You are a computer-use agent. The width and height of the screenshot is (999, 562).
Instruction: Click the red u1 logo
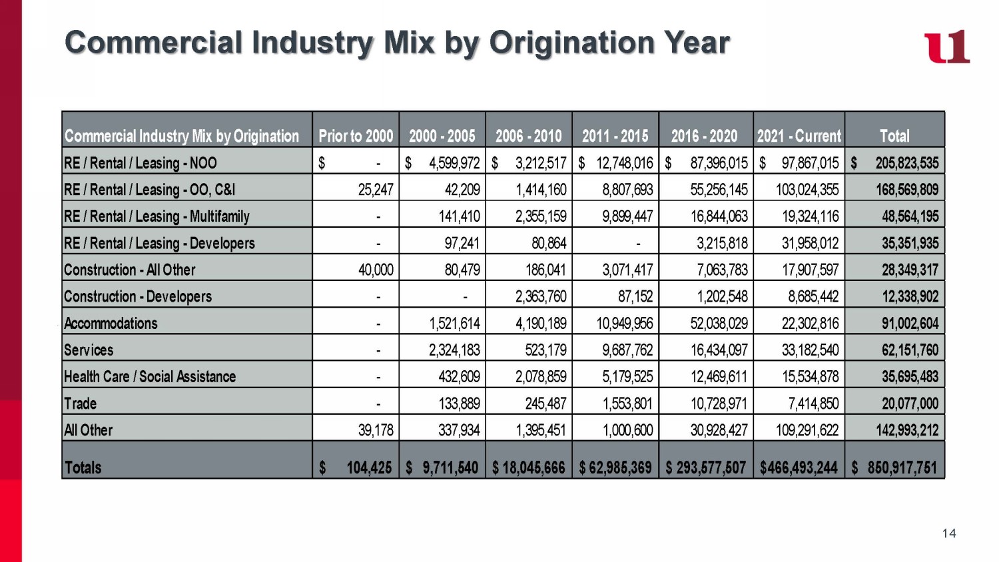[946, 47]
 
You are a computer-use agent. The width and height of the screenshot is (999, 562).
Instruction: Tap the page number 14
[949, 533]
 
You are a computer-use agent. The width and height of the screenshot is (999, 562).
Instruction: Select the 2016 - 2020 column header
[704, 136]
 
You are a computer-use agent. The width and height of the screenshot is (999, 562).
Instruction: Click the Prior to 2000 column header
[356, 136]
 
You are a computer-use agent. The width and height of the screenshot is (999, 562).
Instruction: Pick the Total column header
[894, 136]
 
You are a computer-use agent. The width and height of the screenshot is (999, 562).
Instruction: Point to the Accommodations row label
[111, 324]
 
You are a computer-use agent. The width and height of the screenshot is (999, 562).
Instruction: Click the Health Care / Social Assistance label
[150, 377]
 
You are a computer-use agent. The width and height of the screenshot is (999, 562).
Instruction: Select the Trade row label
[80, 404]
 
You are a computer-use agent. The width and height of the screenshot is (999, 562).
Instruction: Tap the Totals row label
[83, 467]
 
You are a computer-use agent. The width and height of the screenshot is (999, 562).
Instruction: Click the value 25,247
[376, 190]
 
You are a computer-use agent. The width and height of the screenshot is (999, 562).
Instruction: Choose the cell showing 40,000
[376, 270]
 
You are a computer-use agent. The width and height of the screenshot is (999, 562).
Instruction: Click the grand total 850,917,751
[901, 467]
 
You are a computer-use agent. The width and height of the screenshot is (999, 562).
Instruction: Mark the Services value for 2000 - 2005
[454, 350]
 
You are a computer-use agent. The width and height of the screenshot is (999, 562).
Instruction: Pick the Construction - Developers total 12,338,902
[910, 297]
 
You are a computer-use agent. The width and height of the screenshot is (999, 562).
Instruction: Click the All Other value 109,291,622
[807, 430]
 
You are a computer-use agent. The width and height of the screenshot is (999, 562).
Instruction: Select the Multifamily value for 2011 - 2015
[627, 216]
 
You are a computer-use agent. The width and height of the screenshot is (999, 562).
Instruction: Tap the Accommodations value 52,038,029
[719, 324]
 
